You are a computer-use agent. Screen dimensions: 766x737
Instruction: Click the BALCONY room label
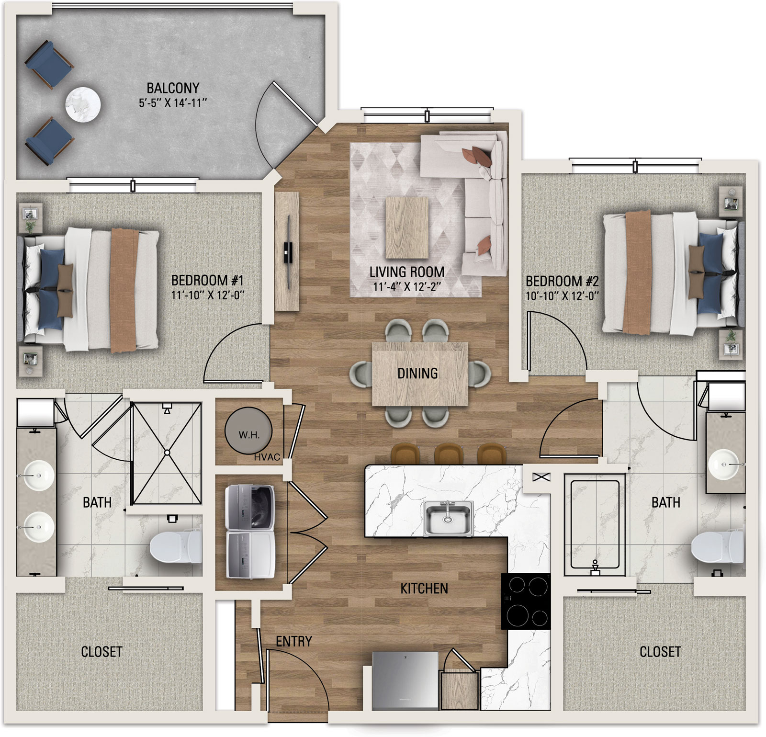(173, 88)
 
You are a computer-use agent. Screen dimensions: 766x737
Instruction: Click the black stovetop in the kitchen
(526, 601)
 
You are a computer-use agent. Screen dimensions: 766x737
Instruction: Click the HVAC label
(267, 457)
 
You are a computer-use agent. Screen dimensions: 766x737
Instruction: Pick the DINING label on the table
(417, 374)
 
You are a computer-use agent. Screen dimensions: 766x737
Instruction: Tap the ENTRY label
(294, 641)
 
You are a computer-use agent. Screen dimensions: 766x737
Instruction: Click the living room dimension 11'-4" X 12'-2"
(407, 287)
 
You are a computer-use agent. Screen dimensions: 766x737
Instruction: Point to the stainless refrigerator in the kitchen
(406, 681)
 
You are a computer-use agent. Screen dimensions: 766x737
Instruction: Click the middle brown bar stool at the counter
(447, 454)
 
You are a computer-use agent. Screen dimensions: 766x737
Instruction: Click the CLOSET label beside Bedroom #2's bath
(660, 651)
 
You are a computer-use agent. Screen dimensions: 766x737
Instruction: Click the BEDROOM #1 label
(208, 280)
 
